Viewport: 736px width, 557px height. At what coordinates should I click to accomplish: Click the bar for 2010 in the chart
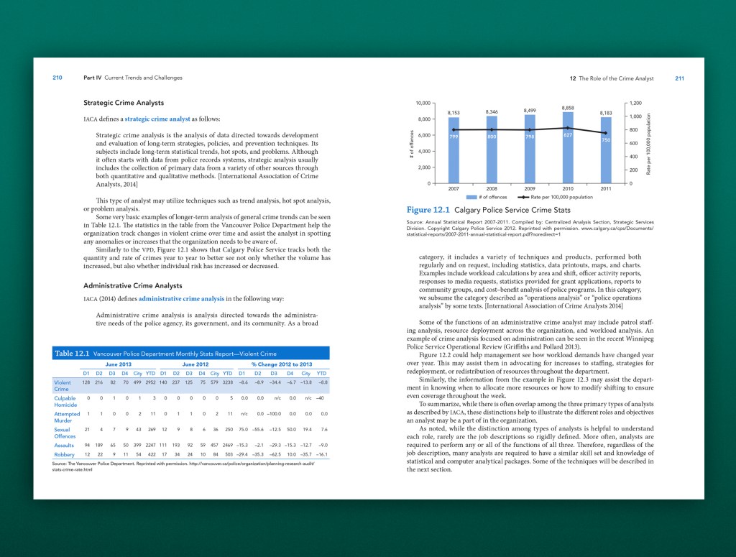568,147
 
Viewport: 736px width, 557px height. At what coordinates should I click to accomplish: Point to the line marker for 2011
606,133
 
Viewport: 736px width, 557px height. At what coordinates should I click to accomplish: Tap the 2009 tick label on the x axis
530,188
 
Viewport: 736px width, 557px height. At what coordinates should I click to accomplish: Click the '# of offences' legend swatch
472,197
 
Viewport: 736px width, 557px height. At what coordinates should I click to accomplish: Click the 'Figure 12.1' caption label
429,210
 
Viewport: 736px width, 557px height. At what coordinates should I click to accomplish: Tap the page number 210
57,78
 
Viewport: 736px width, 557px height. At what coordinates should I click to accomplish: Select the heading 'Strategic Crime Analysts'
124,103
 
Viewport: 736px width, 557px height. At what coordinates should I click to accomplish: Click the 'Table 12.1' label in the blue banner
72,354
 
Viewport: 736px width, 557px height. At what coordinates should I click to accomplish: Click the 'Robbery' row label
65,454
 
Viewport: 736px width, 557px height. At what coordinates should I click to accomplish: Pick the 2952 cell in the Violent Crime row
151,383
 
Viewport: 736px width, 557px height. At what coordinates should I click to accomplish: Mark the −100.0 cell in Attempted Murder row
276,414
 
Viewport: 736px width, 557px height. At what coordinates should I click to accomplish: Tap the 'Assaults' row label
65,445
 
